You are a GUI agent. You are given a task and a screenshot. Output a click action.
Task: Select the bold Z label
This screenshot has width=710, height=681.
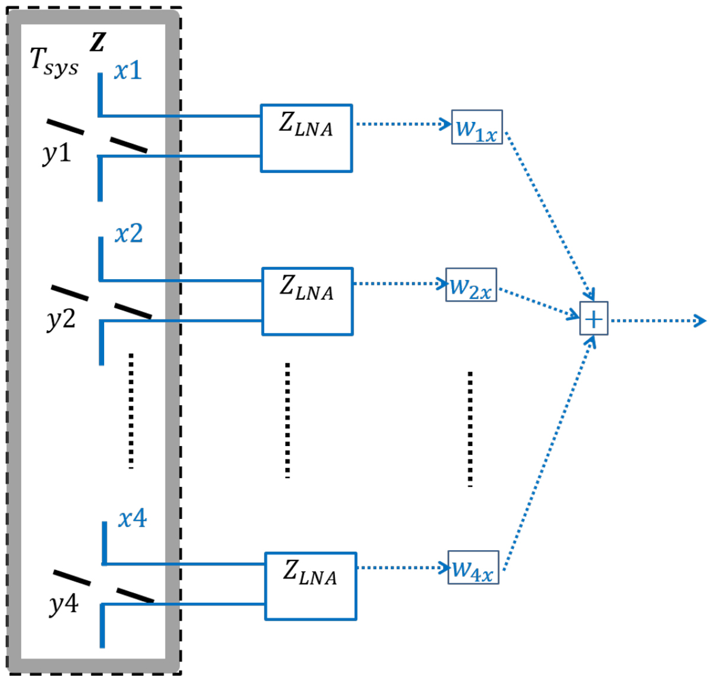point(98,41)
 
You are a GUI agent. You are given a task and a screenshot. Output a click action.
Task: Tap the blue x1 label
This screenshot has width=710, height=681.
point(128,71)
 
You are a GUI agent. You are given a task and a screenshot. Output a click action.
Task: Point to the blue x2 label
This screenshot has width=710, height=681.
point(128,234)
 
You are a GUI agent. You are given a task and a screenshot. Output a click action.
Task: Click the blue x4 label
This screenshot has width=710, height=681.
point(132,519)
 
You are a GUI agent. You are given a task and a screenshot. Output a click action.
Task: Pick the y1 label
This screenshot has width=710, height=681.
point(57,154)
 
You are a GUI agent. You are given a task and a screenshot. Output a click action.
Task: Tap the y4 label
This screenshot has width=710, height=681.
point(63,605)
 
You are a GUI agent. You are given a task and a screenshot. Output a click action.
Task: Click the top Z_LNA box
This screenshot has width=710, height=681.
point(306,138)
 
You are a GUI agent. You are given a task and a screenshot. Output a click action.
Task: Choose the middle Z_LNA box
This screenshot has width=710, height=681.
point(308,302)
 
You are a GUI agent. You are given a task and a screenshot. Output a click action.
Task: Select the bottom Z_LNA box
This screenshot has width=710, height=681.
point(311,586)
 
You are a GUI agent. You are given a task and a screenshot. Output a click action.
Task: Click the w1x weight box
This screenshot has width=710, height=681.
point(477,127)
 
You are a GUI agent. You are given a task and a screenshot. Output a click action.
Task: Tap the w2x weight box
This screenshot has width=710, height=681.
point(471,285)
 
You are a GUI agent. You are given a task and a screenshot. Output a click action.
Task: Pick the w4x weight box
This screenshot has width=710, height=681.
point(473,568)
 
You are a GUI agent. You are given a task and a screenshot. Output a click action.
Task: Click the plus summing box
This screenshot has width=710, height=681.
point(593,319)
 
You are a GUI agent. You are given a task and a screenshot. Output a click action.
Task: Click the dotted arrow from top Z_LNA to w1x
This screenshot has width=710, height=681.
point(402,124)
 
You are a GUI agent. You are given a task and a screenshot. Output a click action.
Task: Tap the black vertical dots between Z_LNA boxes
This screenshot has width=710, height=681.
point(288,420)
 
